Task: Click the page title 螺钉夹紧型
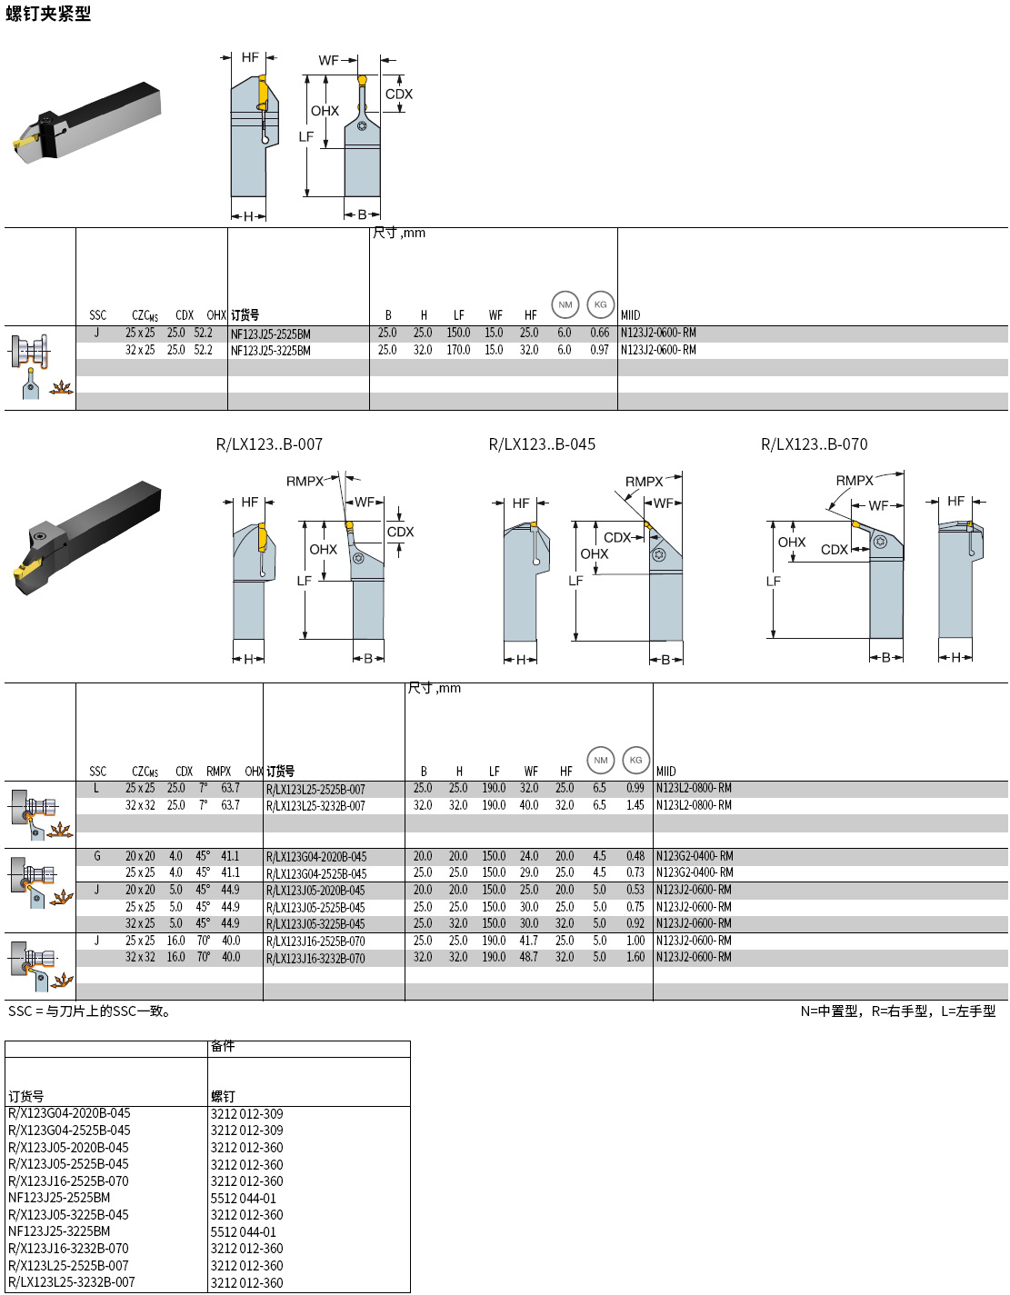pyautogui.click(x=48, y=14)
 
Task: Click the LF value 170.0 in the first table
pyautogui.click(x=458, y=350)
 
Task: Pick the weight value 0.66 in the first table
pyautogui.click(x=599, y=333)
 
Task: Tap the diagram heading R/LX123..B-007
pyautogui.click(x=269, y=444)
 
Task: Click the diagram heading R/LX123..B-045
pyautogui.click(x=542, y=444)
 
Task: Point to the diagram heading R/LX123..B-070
pyautogui.click(x=814, y=444)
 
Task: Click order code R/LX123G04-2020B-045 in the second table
pyautogui.click(x=315, y=857)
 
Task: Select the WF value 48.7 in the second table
pyautogui.click(x=528, y=957)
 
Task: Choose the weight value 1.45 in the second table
pyautogui.click(x=635, y=805)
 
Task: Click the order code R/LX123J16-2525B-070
pyautogui.click(x=315, y=941)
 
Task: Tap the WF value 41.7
pyautogui.click(x=528, y=941)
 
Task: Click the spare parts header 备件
pyautogui.click(x=223, y=1046)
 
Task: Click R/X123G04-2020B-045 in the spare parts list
pyautogui.click(x=69, y=1113)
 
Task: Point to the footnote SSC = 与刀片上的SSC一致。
pyautogui.click(x=89, y=1011)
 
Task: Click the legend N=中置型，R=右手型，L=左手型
pyautogui.click(x=897, y=1011)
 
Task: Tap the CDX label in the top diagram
pyautogui.click(x=398, y=94)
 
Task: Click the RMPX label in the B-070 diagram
pyautogui.click(x=854, y=480)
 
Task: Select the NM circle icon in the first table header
pyautogui.click(x=565, y=304)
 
